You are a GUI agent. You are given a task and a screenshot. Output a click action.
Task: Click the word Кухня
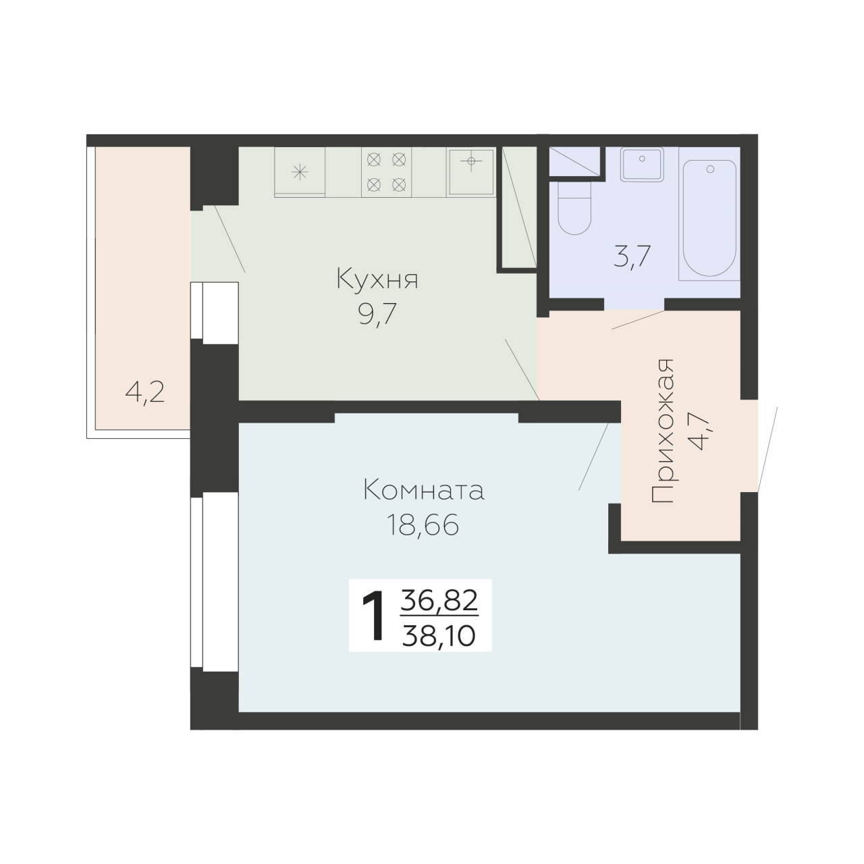pyautogui.click(x=377, y=279)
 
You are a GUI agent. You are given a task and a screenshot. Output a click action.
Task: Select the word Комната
pyautogui.click(x=423, y=490)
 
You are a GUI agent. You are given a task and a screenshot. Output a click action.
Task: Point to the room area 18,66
pyautogui.click(x=423, y=524)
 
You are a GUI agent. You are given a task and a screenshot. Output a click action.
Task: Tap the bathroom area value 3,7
pyautogui.click(x=632, y=257)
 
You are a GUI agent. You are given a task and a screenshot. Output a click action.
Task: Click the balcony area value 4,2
pyautogui.click(x=145, y=394)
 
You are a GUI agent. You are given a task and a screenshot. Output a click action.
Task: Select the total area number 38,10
pyautogui.click(x=439, y=636)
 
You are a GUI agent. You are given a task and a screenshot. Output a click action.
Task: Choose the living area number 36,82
pyautogui.click(x=439, y=601)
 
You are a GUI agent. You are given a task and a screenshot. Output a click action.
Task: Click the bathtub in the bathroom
pyautogui.click(x=709, y=220)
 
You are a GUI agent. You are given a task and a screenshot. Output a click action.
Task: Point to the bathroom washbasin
pyautogui.click(x=642, y=164)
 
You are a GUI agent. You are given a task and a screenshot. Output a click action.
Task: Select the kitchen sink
pyautogui.click(x=471, y=171)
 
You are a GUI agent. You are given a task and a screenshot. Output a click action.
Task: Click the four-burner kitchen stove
pyautogui.click(x=387, y=171)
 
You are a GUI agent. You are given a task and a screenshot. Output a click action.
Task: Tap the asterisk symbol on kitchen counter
pyautogui.click(x=300, y=172)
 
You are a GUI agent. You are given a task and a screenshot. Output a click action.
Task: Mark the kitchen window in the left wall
pyautogui.click(x=215, y=313)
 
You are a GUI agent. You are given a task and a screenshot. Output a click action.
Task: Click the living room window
pyautogui.click(x=215, y=582)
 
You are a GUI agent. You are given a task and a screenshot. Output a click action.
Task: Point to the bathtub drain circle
pyautogui.click(x=709, y=169)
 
